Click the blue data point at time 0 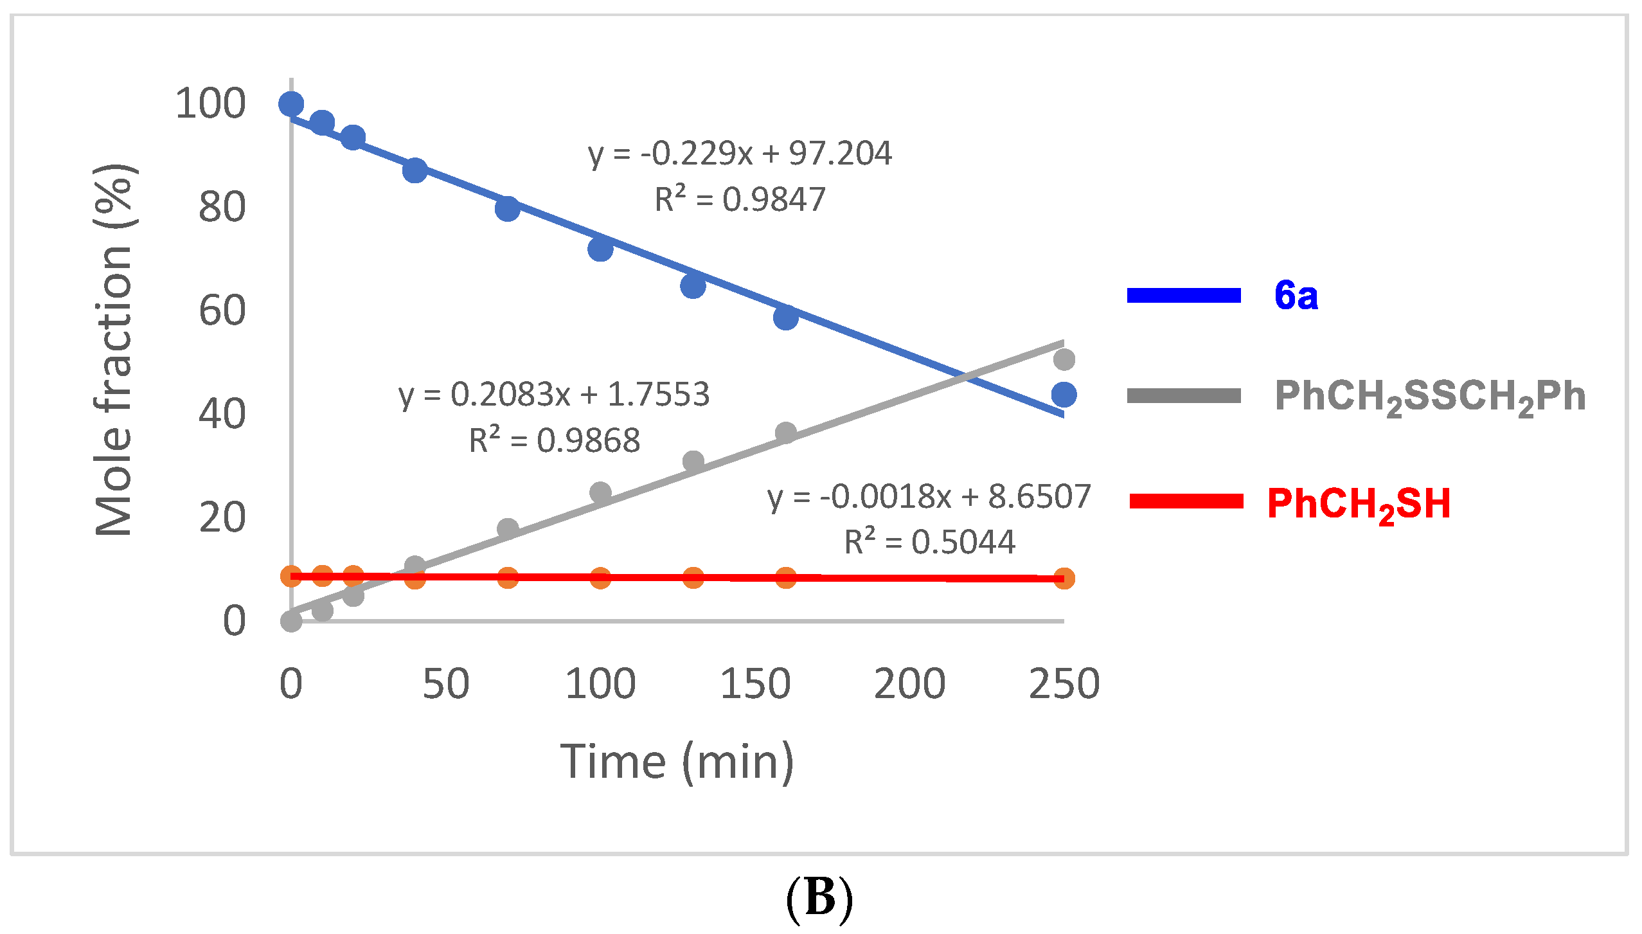291,103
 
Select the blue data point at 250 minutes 1064,395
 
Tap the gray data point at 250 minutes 1064,359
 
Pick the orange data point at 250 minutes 1064,579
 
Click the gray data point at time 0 291,621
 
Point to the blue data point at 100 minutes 600,249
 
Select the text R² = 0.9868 555,441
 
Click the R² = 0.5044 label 929,542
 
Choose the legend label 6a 1296,296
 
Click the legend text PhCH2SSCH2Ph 1430,397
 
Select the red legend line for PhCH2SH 1186,501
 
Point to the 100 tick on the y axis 211,103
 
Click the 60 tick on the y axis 222,310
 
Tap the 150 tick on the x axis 755,684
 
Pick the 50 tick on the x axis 445,684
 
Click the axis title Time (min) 677,762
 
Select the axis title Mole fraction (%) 114,350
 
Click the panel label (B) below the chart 819,898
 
